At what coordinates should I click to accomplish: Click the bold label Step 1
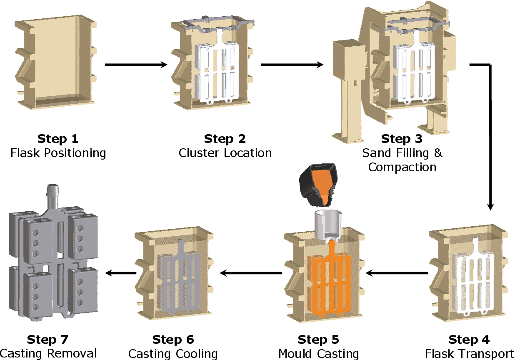pyautogui.click(x=57, y=139)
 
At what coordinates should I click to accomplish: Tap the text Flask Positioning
pyautogui.click(x=58, y=153)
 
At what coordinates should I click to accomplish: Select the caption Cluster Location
pyautogui.click(x=225, y=153)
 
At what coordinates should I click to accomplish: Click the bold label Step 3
pyautogui.click(x=402, y=139)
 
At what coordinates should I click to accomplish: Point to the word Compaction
pyautogui.click(x=402, y=167)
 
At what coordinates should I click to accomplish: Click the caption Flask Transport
pyautogui.click(x=470, y=354)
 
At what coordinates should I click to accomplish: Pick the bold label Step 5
pyautogui.click(x=318, y=340)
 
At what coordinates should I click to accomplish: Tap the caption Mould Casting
pyautogui.click(x=318, y=354)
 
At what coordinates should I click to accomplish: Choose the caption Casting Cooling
pyautogui.click(x=173, y=354)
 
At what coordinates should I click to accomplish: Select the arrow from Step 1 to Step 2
pyautogui.click(x=136, y=65)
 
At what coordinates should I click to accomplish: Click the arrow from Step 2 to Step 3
pyautogui.click(x=292, y=65)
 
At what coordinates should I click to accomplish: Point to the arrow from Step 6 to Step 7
pyautogui.click(x=121, y=273)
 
